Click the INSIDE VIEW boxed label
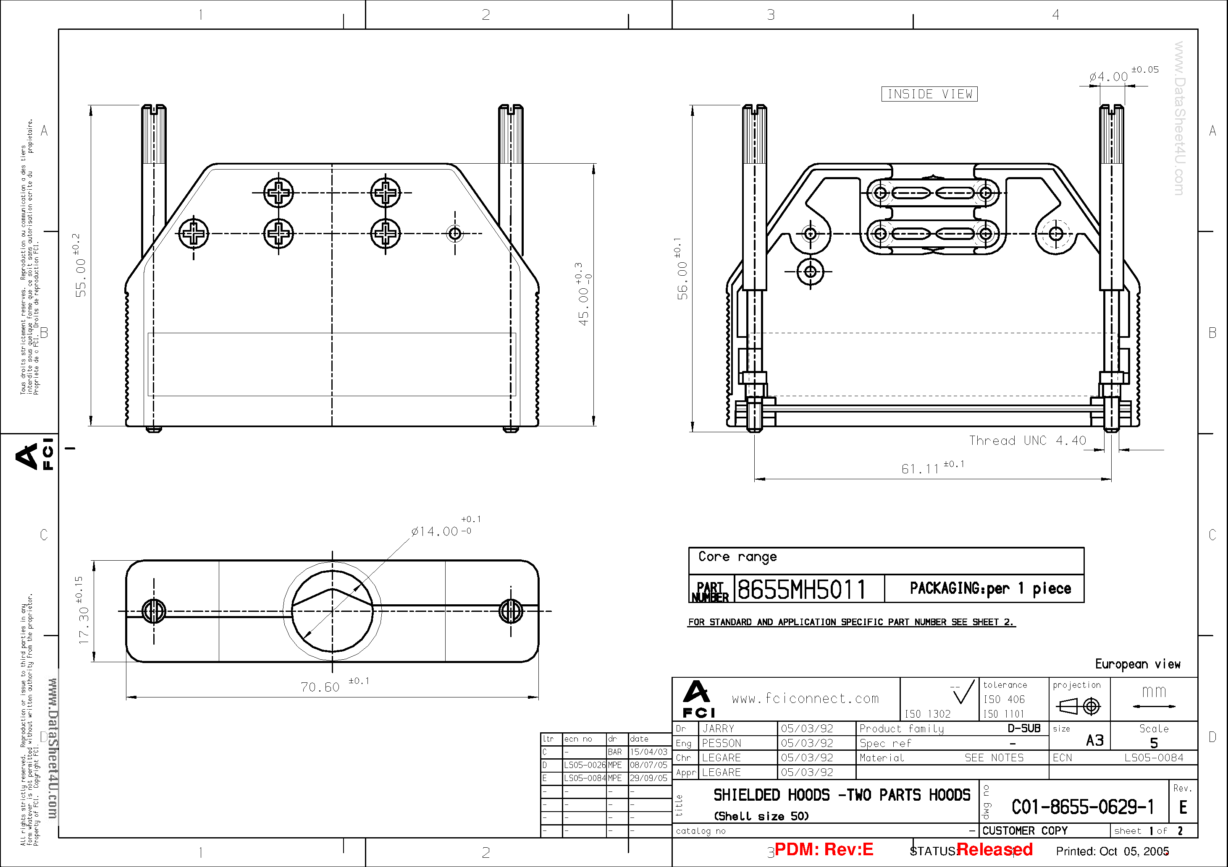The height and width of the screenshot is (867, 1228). (x=929, y=94)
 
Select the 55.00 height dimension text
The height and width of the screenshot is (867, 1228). (x=80, y=277)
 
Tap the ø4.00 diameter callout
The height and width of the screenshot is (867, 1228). (x=1109, y=77)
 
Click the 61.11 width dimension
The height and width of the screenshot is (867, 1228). (x=921, y=469)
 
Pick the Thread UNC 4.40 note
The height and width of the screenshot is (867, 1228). (x=1027, y=441)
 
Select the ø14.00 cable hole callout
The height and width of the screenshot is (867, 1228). (x=435, y=531)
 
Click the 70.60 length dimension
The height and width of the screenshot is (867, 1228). (x=320, y=687)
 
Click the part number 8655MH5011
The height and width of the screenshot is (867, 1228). (x=801, y=590)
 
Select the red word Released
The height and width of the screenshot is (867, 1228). (x=994, y=849)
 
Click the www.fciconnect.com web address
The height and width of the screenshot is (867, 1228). (x=805, y=698)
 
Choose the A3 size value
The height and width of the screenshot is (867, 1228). (x=1094, y=740)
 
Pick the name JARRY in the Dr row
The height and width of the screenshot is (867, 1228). (x=718, y=729)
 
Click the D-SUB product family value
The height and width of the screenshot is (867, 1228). (x=1024, y=728)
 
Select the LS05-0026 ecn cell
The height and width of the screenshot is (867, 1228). (x=584, y=765)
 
